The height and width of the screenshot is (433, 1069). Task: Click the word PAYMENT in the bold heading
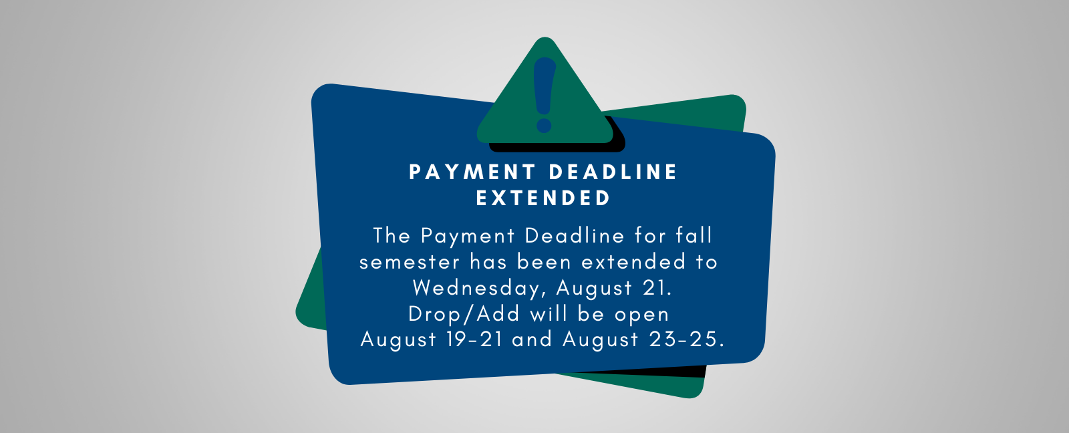[472, 172]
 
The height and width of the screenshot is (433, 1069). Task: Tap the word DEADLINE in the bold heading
[613, 172]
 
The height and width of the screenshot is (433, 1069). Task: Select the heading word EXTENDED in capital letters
[543, 198]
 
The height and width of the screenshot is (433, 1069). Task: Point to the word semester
[410, 262]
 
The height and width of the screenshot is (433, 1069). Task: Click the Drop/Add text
[464, 314]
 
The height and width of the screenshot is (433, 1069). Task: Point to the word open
[642, 315]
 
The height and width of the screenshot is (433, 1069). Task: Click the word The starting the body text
[392, 235]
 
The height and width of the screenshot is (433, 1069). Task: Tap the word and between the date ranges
[532, 339]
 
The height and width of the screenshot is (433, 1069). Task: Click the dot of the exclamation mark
[544, 126]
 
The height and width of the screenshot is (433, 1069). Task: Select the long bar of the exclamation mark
[545, 86]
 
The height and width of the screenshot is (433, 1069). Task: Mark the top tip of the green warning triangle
[545, 37]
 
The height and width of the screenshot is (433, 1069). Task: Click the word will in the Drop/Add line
[549, 314]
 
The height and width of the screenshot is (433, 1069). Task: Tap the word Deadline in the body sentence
[575, 235]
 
